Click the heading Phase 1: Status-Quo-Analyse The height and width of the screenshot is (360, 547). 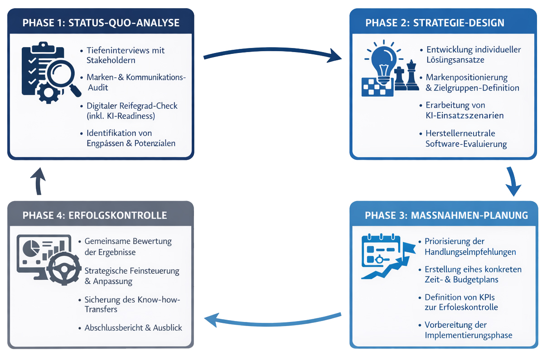(101, 23)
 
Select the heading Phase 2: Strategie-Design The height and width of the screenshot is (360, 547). (435, 23)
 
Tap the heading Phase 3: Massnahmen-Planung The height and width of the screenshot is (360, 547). (446, 215)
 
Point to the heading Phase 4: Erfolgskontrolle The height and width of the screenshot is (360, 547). (95, 215)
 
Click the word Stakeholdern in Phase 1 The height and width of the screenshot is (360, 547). (111, 60)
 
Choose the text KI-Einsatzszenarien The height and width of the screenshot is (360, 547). (465, 115)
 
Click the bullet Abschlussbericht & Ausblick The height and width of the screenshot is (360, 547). (133, 327)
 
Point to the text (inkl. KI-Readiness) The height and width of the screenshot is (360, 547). (121, 116)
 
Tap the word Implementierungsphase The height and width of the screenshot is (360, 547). (469, 335)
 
